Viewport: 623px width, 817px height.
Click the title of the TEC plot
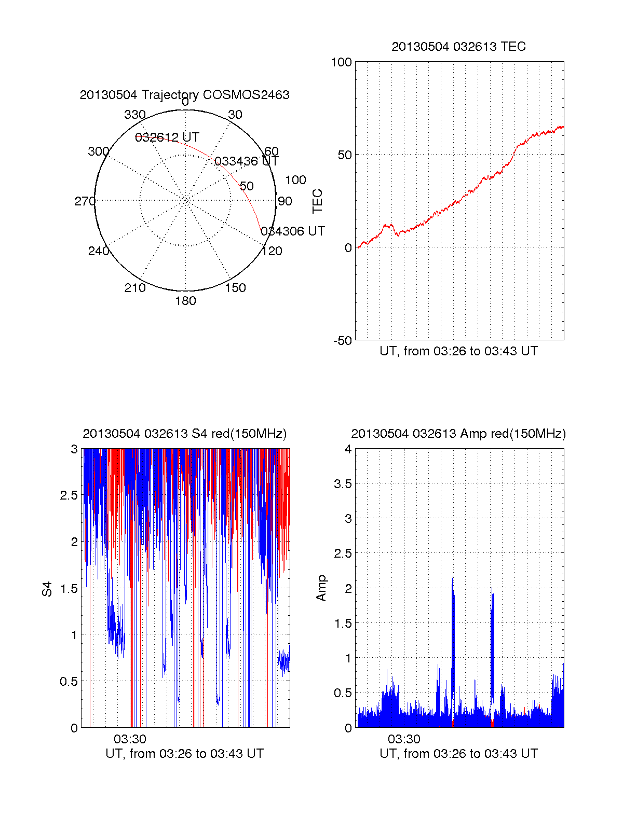[x=458, y=47]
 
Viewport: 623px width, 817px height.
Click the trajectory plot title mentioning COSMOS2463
[x=184, y=95]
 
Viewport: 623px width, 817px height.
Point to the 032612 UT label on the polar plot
[x=167, y=137]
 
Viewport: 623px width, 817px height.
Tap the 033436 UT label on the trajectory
[x=246, y=161]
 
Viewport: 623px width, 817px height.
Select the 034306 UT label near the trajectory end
[x=293, y=231]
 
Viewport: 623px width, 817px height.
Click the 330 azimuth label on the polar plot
[x=134, y=115]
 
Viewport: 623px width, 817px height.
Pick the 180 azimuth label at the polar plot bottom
[x=185, y=301]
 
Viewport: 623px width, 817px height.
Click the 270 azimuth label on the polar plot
[x=85, y=201]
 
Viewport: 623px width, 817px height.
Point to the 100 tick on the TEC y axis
[x=341, y=62]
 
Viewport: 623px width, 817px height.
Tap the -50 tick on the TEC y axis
[x=342, y=341]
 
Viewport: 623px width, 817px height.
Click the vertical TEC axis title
[x=317, y=201]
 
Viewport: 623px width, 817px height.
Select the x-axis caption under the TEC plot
[x=458, y=351]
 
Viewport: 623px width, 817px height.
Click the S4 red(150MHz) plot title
[x=184, y=434]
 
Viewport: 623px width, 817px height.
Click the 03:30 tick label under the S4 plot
[x=130, y=739]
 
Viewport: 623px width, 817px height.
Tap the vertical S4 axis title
[x=47, y=589]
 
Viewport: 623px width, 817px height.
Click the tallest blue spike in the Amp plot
[x=453, y=578]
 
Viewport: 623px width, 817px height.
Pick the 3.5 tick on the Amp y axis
[x=343, y=484]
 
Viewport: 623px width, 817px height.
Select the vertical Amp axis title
[x=321, y=588]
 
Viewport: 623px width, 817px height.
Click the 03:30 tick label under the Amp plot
[x=404, y=739]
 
